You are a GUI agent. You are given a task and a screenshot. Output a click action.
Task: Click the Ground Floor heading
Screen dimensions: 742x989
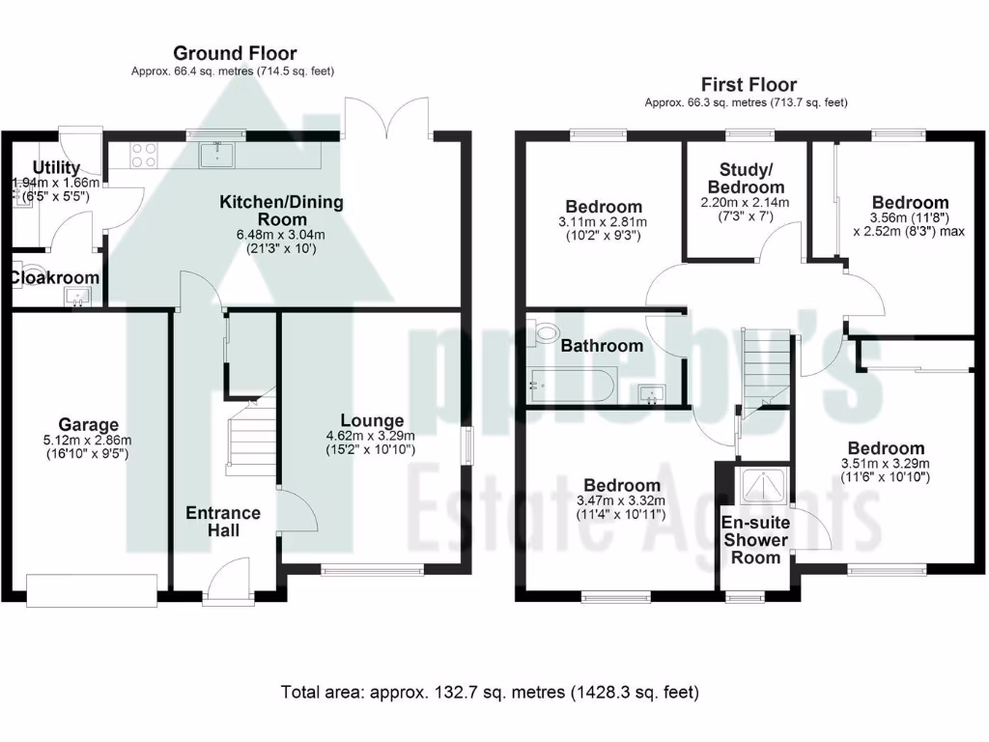(x=235, y=53)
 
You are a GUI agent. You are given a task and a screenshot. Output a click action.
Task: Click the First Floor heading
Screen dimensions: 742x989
(x=749, y=85)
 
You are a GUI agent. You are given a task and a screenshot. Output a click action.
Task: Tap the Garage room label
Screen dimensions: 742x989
(x=88, y=424)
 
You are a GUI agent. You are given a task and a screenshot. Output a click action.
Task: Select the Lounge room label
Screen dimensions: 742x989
(x=371, y=420)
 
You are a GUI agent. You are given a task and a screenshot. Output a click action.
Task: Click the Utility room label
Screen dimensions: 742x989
(x=55, y=169)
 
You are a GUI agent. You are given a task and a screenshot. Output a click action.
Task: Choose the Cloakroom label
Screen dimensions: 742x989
(x=55, y=277)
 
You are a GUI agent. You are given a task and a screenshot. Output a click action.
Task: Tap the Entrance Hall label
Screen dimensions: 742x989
(x=223, y=522)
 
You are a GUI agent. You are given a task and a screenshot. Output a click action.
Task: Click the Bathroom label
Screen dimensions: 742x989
(x=602, y=346)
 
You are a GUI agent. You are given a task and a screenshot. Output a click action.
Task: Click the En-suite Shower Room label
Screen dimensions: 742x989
(x=756, y=540)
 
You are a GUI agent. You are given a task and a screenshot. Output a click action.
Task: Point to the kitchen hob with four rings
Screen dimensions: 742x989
(x=143, y=155)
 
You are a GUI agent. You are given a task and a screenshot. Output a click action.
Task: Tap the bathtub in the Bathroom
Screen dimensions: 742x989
(x=571, y=385)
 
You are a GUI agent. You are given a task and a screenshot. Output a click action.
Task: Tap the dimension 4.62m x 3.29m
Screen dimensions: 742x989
(x=371, y=436)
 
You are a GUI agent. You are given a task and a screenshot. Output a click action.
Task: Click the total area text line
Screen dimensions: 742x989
(x=490, y=692)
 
